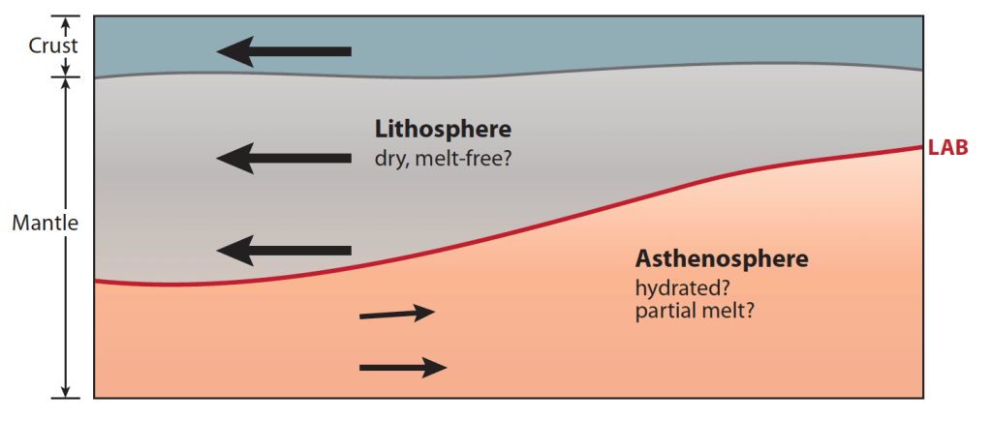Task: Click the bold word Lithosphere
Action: click(x=443, y=130)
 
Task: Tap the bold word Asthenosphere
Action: click(x=721, y=259)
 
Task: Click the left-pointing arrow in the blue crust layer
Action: click(x=284, y=51)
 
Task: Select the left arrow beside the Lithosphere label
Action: click(x=284, y=157)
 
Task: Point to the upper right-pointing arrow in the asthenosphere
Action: click(x=397, y=313)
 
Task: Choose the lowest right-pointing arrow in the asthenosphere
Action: click(x=403, y=367)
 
